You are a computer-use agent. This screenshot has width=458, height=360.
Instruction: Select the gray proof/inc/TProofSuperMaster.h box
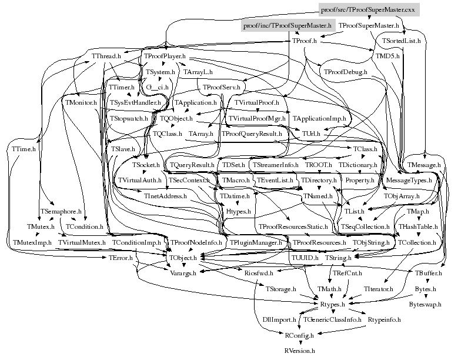[287, 26]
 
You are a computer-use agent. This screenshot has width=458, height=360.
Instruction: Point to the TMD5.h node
[387, 56]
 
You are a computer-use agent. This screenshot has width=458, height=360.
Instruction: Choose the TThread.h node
[106, 56]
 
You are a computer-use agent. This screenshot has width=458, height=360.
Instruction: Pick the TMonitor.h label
[81, 103]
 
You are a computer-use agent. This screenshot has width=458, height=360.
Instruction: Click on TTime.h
[24, 149]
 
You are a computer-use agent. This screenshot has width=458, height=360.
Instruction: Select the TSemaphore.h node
[61, 211]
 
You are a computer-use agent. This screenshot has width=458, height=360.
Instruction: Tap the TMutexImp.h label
[32, 242]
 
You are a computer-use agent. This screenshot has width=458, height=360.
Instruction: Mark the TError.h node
[121, 257]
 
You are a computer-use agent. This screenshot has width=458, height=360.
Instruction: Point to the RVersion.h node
[300, 350]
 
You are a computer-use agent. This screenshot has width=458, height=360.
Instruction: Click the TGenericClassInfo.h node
[332, 319]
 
